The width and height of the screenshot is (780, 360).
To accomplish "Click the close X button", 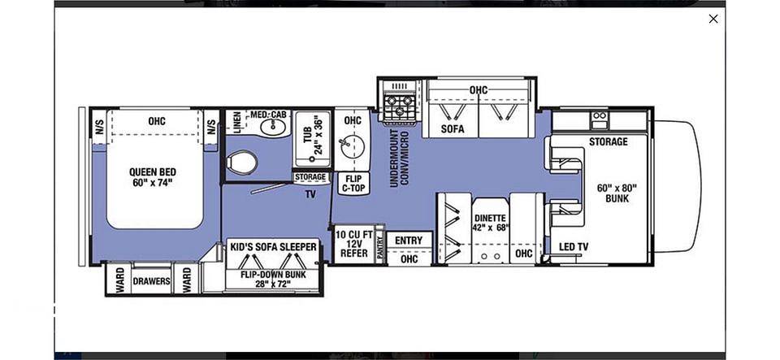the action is click(x=713, y=19).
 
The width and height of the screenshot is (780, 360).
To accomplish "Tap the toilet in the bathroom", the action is click(x=242, y=162).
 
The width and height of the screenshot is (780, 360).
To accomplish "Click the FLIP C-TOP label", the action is click(x=353, y=183).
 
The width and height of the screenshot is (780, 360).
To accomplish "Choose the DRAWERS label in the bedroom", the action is click(x=151, y=281).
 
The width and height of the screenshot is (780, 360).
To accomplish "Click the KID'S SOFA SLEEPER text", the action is click(x=273, y=247).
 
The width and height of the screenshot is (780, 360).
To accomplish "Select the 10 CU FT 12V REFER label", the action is click(x=353, y=244).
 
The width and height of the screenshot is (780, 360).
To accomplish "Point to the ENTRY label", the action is click(x=409, y=241).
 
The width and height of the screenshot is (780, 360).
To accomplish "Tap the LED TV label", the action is click(x=574, y=246).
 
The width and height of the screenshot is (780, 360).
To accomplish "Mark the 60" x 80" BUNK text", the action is click(x=617, y=193).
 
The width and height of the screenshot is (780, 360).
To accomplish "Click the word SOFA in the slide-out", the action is click(x=453, y=129).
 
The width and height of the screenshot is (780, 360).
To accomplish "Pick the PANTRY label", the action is click(x=380, y=247).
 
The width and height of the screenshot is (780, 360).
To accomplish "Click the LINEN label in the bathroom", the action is click(x=237, y=123).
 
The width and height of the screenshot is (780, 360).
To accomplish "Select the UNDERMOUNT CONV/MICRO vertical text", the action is click(x=400, y=158).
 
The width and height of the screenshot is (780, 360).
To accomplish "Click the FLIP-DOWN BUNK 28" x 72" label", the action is click(x=273, y=279).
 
